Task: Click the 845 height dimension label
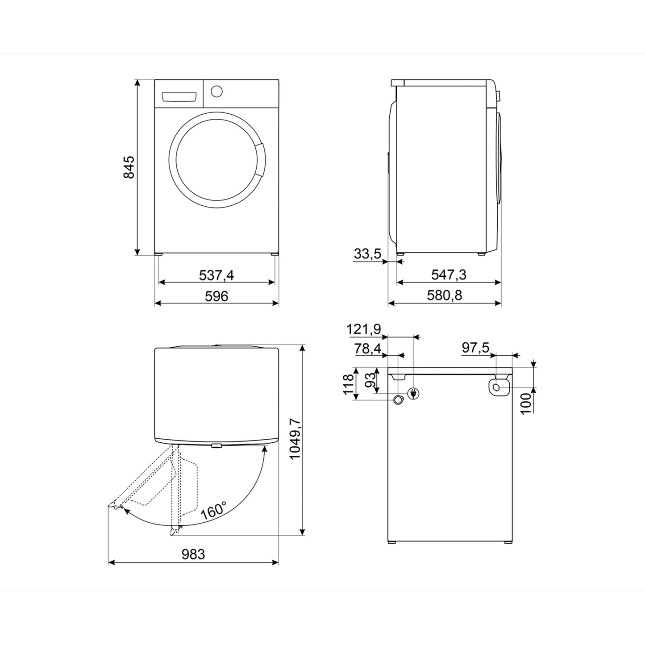129,167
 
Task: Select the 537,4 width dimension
216,275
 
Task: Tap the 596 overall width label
216,296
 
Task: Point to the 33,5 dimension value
367,254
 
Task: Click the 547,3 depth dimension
449,275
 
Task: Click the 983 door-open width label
193,554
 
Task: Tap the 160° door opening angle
213,510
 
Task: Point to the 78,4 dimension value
368,349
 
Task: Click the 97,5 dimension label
475,348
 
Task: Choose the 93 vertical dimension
370,380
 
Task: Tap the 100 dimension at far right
527,403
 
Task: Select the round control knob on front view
216,91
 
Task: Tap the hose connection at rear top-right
498,387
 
